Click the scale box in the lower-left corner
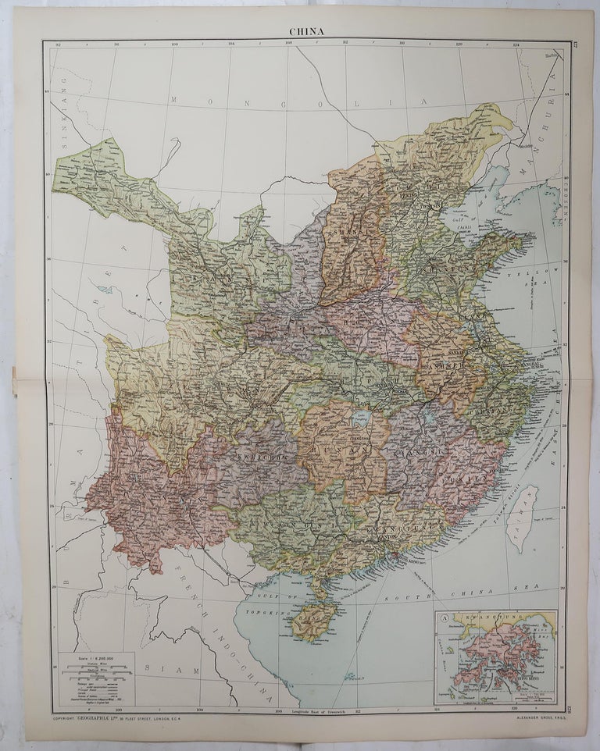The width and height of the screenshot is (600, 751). click(x=96, y=678)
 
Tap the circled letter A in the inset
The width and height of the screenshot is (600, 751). click(x=445, y=619)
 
